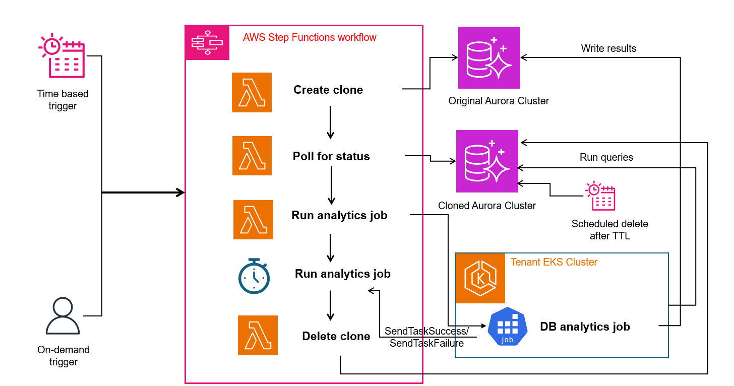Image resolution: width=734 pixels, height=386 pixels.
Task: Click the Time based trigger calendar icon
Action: point(62,55)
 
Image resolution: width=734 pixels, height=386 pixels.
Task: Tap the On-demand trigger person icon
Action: point(63,315)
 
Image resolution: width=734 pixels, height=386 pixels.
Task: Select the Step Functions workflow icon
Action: point(207,43)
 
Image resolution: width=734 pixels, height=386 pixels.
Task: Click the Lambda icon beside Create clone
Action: point(252,92)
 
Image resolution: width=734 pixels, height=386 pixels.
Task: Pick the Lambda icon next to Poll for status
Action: point(252,156)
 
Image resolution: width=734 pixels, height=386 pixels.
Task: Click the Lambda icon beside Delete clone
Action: point(258,335)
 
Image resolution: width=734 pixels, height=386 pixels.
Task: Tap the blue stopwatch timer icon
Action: point(254,276)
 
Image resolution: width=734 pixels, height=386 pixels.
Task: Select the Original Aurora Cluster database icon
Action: point(489,57)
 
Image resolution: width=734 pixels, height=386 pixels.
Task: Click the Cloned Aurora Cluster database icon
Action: point(487,161)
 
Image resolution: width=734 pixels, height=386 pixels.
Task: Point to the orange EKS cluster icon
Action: point(480,278)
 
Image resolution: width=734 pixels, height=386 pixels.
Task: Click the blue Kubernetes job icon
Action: point(508,327)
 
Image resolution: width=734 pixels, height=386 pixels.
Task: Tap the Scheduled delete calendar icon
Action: point(600,196)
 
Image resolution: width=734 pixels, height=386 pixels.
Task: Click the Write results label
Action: point(608,48)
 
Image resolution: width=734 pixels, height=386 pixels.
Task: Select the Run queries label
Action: point(606,157)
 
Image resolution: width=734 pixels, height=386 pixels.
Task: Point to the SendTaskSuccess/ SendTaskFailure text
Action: point(426,337)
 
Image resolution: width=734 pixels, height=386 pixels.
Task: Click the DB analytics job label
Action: point(585,327)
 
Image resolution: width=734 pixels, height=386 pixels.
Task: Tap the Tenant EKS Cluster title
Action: point(554,262)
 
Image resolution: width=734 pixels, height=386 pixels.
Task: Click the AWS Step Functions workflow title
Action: point(310,37)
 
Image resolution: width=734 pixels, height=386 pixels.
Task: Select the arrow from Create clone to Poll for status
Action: point(330,122)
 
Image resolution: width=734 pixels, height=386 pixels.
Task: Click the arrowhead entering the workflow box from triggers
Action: point(180,192)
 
